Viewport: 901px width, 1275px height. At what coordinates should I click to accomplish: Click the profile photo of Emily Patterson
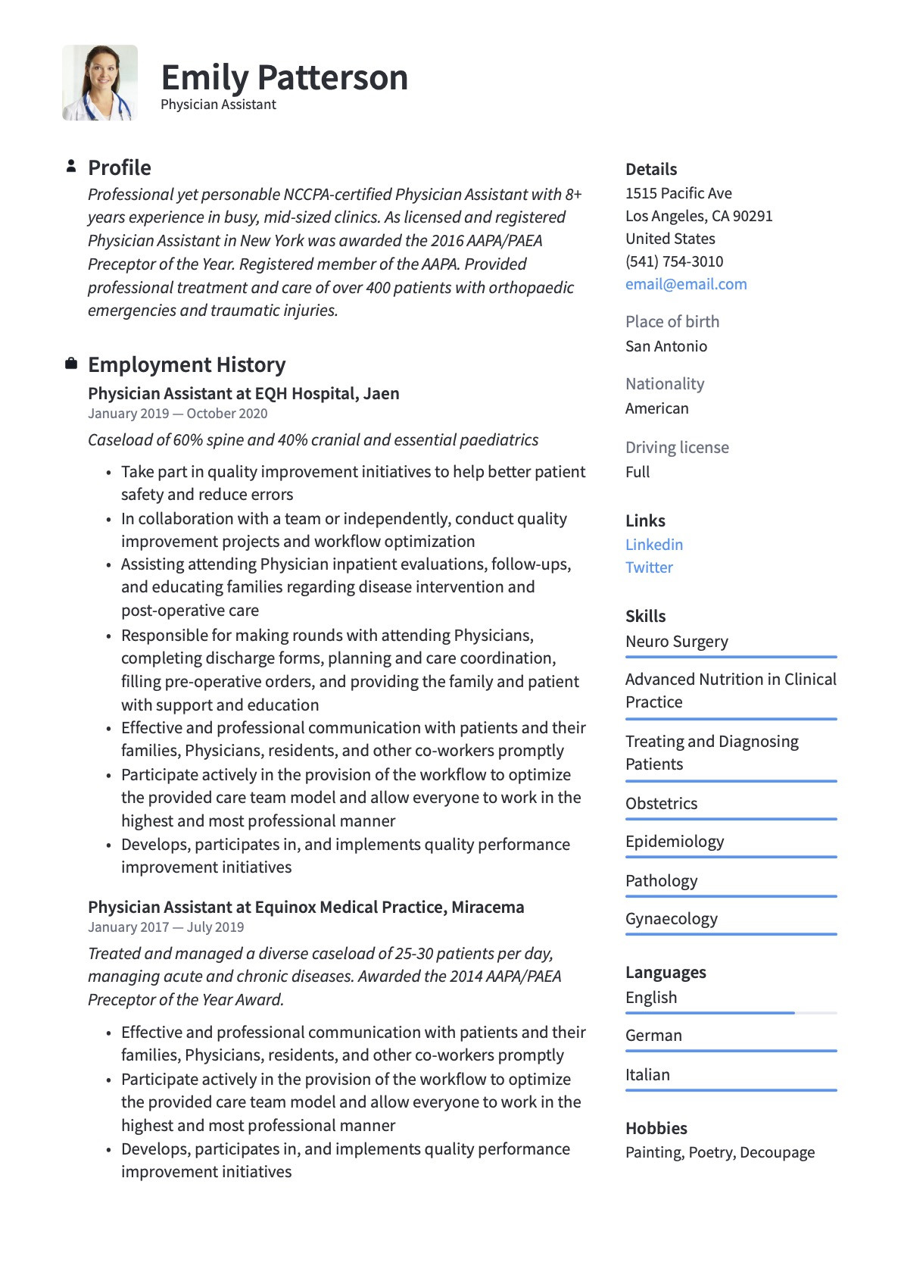pos(100,83)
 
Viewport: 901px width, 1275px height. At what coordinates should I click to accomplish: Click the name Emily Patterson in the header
pos(284,78)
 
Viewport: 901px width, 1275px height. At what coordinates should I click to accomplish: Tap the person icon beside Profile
pos(71,166)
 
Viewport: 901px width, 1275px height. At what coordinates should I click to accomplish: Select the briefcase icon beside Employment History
pos(71,364)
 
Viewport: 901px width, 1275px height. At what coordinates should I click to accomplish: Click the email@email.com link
pos(685,284)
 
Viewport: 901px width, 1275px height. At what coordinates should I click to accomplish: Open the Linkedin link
pos(653,545)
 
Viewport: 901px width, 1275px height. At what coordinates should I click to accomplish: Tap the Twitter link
pos(649,567)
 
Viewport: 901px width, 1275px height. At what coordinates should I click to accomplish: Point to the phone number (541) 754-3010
pos(674,261)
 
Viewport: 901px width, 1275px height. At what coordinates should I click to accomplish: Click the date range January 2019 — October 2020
pos(177,414)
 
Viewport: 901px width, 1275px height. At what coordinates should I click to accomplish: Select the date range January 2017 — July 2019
pos(166,927)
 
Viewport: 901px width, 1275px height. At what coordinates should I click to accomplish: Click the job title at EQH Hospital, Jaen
pos(243,394)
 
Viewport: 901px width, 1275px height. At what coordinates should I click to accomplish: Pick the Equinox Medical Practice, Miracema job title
pos(306,908)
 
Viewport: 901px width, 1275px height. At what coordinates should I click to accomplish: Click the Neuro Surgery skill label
pos(676,642)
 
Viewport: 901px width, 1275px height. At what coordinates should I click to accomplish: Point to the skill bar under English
pos(731,1013)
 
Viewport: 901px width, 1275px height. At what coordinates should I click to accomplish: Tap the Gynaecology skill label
pos(671,919)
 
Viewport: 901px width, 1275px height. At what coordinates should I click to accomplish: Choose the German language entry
pos(653,1036)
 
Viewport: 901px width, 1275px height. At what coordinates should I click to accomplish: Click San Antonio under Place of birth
pos(666,346)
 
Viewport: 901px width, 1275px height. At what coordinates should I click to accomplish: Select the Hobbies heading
pos(656,1128)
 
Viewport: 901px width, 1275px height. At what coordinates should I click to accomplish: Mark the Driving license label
pos(677,448)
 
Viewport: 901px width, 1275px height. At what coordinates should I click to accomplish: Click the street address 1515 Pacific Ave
pos(678,193)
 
